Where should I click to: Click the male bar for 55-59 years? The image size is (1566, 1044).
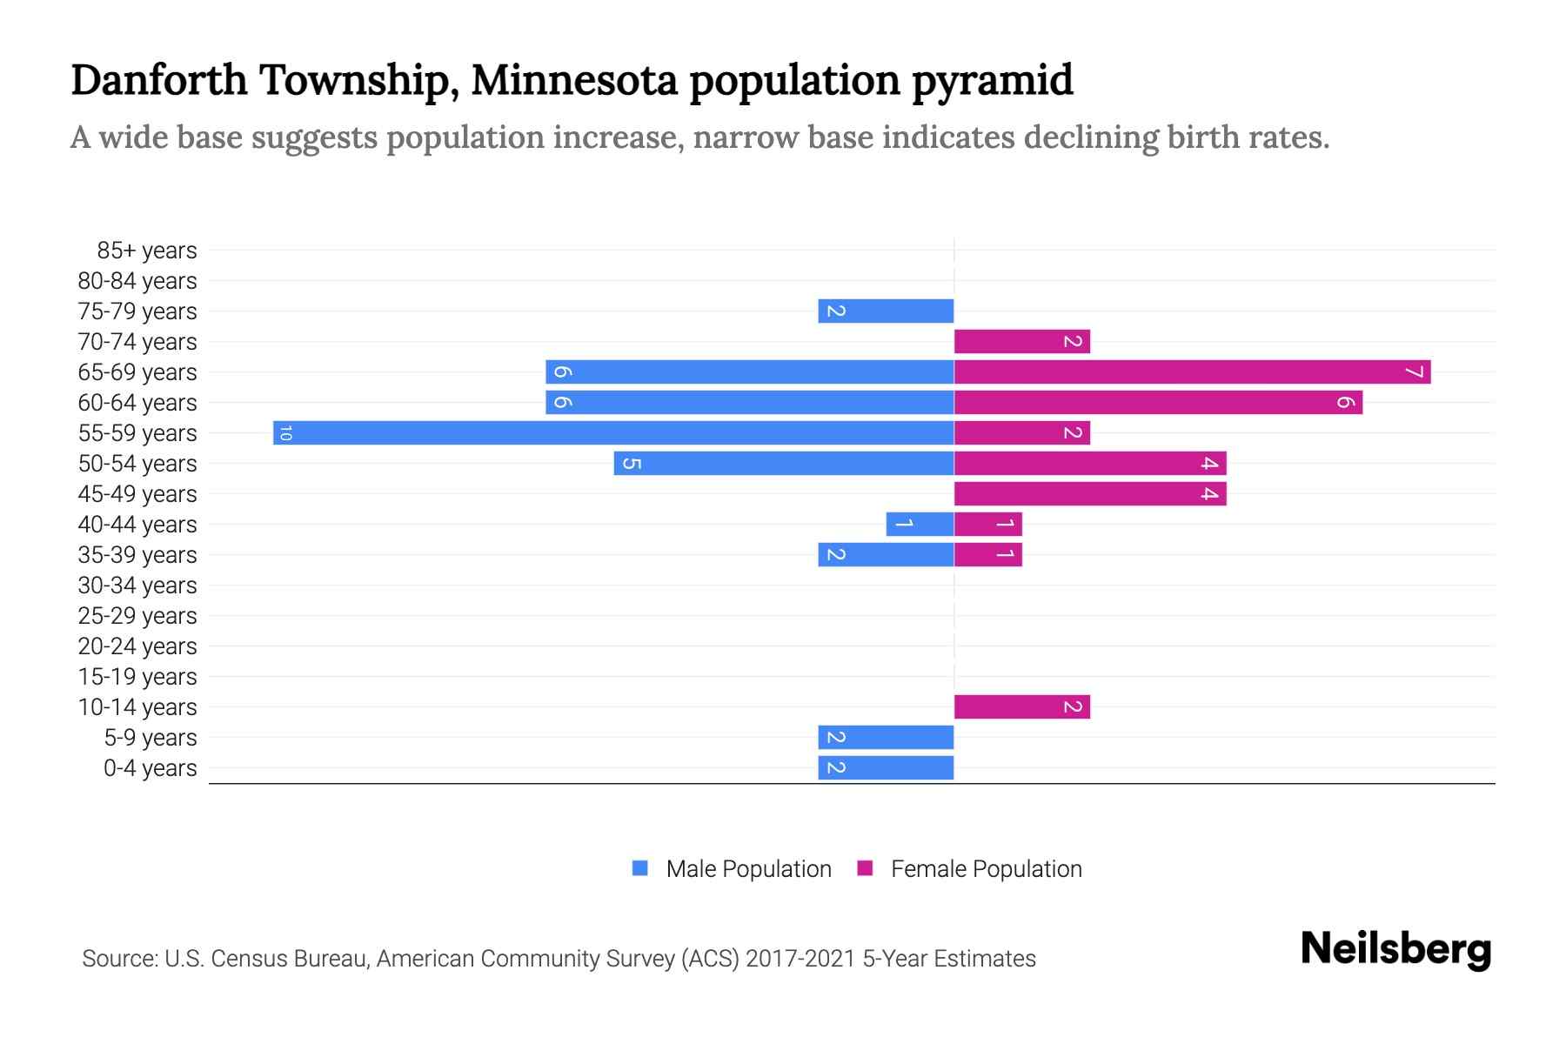coord(613,432)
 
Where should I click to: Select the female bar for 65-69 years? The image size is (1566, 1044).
coord(1192,371)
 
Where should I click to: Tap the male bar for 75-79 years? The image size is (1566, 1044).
coord(886,311)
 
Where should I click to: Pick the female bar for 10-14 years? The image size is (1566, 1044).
coord(1021,706)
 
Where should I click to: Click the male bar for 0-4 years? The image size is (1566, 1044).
coord(886,767)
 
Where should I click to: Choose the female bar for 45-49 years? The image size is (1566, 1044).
coord(1089,493)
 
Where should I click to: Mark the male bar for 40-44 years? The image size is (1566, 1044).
coord(920,524)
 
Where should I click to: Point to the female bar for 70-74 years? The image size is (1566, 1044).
coord(1021,341)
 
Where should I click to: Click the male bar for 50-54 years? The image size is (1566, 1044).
coord(783,463)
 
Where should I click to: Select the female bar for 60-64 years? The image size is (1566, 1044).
coord(1157,402)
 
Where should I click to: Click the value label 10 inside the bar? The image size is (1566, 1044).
coord(285,432)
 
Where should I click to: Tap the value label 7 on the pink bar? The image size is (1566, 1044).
coord(1415,372)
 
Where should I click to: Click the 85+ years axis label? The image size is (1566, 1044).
coord(146,251)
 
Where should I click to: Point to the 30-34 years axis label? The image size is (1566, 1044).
coord(137,586)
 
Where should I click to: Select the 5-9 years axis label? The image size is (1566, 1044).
coord(150,738)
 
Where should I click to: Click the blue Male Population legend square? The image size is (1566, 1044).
coord(640,868)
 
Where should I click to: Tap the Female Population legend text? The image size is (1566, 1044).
coord(986,868)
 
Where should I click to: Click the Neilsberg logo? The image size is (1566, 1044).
coord(1395,949)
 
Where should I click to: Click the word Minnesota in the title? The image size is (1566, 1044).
coord(574,80)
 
